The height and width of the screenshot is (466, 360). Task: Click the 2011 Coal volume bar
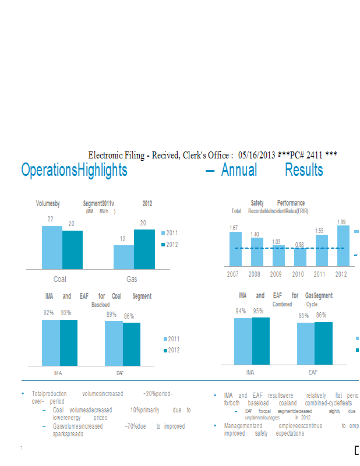[x=52, y=248]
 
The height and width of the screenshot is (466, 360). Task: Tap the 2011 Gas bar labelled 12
[x=123, y=257]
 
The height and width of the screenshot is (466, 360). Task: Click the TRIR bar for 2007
[x=234, y=249]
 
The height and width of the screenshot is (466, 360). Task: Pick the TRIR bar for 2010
[x=299, y=257]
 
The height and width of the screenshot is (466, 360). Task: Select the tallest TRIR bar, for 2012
[x=343, y=246]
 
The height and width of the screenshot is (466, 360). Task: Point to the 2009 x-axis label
[x=276, y=274]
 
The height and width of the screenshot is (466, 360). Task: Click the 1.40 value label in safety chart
[x=255, y=234]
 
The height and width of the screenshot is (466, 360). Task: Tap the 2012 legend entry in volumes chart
[x=172, y=245]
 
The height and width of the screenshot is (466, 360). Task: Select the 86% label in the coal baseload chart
[x=129, y=316]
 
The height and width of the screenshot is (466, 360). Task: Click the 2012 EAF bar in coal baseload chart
[x=132, y=344]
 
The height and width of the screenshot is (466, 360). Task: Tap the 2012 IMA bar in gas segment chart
[x=260, y=341]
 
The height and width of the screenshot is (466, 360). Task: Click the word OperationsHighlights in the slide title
[x=74, y=170]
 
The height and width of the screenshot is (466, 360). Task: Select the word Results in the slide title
[x=303, y=170]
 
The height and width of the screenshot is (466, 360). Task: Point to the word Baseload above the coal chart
[x=100, y=304]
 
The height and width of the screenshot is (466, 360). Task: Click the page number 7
[x=21, y=448]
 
